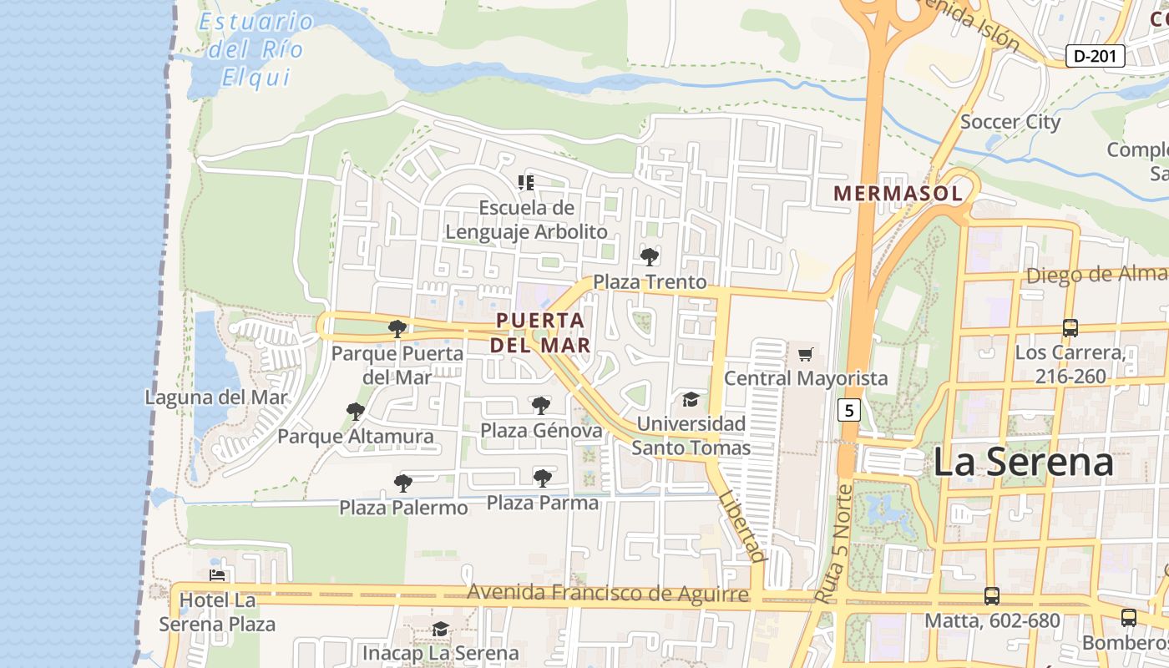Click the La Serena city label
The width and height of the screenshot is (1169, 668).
pyautogui.click(x=1023, y=462)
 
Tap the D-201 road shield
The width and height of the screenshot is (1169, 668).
pyautogui.click(x=1096, y=56)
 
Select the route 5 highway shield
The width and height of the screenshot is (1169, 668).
pyautogui.click(x=849, y=410)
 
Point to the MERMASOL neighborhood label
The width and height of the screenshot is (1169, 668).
pyautogui.click(x=898, y=194)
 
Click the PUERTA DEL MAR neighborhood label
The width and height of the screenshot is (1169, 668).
pyautogui.click(x=539, y=332)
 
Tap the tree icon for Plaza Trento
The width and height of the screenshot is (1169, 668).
pyautogui.click(x=650, y=256)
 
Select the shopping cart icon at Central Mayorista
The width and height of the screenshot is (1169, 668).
pyautogui.click(x=805, y=354)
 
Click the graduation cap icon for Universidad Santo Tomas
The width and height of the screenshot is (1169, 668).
pyautogui.click(x=691, y=399)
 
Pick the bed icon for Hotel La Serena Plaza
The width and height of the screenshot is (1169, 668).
pyautogui.click(x=217, y=574)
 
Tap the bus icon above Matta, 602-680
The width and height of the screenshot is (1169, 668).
pyautogui.click(x=992, y=596)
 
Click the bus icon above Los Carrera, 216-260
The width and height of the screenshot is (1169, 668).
pyautogui.click(x=1070, y=327)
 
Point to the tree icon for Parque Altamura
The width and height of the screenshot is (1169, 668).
pyautogui.click(x=356, y=411)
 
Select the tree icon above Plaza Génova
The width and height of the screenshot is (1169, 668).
pyautogui.click(x=541, y=406)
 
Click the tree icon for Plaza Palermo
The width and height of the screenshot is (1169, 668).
pyautogui.click(x=403, y=483)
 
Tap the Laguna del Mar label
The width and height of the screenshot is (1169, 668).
pyautogui.click(x=216, y=397)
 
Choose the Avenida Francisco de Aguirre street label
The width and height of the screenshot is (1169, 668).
pyautogui.click(x=607, y=593)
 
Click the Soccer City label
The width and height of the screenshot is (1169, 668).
pyautogui.click(x=1010, y=122)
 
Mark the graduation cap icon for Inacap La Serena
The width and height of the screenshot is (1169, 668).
pyautogui.click(x=440, y=629)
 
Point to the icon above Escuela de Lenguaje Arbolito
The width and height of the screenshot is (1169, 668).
pyautogui.click(x=526, y=182)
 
